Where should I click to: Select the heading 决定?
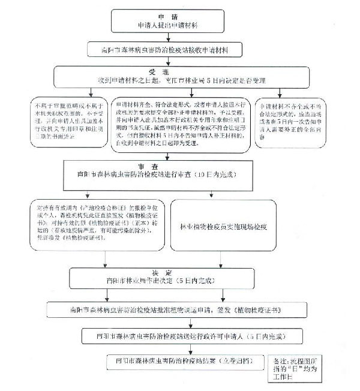coord(157,270)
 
